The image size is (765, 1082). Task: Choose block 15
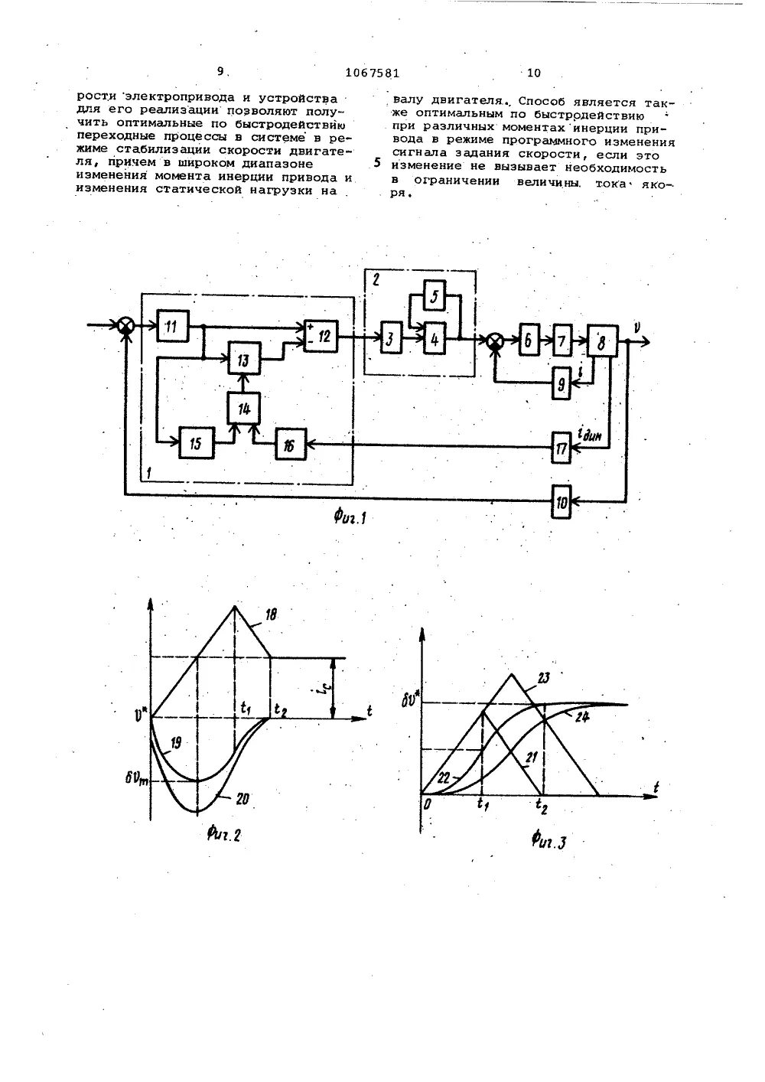pyautogui.click(x=196, y=442)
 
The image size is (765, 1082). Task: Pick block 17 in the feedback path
pyautogui.click(x=562, y=448)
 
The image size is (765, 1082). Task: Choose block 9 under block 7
pyautogui.click(x=562, y=384)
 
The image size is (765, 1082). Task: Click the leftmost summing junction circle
pyautogui.click(x=127, y=326)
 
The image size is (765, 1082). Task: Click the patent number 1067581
pyautogui.click(x=373, y=73)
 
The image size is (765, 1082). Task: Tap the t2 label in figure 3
pyautogui.click(x=542, y=804)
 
